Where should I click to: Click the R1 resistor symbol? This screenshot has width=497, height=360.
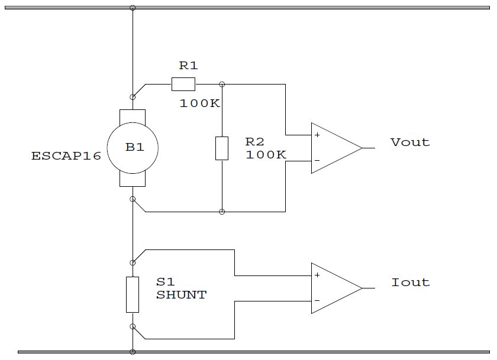[183, 84]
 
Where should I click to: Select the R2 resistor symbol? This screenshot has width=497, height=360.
[221, 148]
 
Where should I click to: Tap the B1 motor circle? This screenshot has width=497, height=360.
[133, 148]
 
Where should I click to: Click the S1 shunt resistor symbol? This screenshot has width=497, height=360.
[133, 294]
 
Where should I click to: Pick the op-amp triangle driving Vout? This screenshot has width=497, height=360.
[335, 148]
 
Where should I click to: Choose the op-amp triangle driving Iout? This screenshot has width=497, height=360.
[335, 288]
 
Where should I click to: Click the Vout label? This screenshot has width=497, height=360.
[410, 142]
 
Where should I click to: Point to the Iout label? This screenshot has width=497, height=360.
[410, 283]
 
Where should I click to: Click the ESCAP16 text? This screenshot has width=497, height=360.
[66, 157]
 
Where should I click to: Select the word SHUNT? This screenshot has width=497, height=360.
[181, 295]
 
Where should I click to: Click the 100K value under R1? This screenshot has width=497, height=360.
[200, 103]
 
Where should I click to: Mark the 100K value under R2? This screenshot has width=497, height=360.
[266, 155]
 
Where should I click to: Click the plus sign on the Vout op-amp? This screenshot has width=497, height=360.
[318, 135]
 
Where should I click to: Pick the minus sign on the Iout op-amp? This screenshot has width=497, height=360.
[318, 300]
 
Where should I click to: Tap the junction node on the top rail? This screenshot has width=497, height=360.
[133, 8]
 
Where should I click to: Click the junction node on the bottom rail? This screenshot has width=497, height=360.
[133, 352]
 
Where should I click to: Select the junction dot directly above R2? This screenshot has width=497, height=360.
[221, 84]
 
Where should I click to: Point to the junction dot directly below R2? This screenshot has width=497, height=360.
[221, 212]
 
